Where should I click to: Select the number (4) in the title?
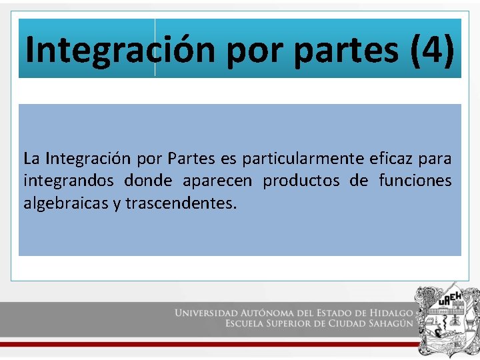tap(432, 49)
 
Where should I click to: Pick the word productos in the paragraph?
tap(300, 181)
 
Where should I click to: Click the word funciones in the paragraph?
tap(415, 181)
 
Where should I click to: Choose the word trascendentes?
tap(181, 203)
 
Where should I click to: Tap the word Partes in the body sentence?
tap(191, 159)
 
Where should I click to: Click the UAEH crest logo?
tap(445, 319)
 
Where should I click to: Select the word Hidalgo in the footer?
tap(389, 313)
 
